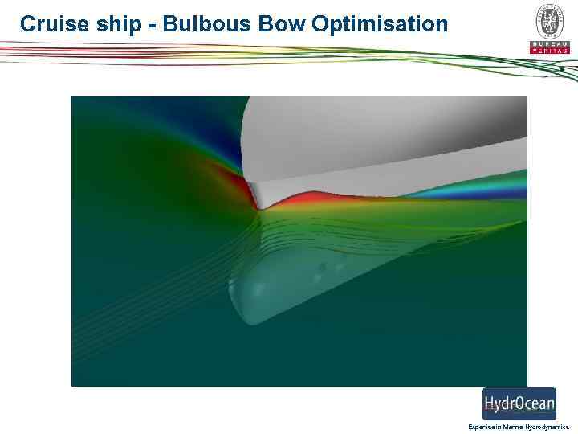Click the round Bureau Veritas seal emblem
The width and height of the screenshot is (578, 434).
point(549,19)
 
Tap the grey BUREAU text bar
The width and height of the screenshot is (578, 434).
point(549,43)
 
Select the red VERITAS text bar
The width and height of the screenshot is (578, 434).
point(549,51)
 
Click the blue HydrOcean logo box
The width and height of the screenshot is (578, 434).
point(519,403)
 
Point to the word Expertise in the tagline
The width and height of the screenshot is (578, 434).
point(481,427)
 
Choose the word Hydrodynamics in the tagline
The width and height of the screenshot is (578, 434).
point(547,427)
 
